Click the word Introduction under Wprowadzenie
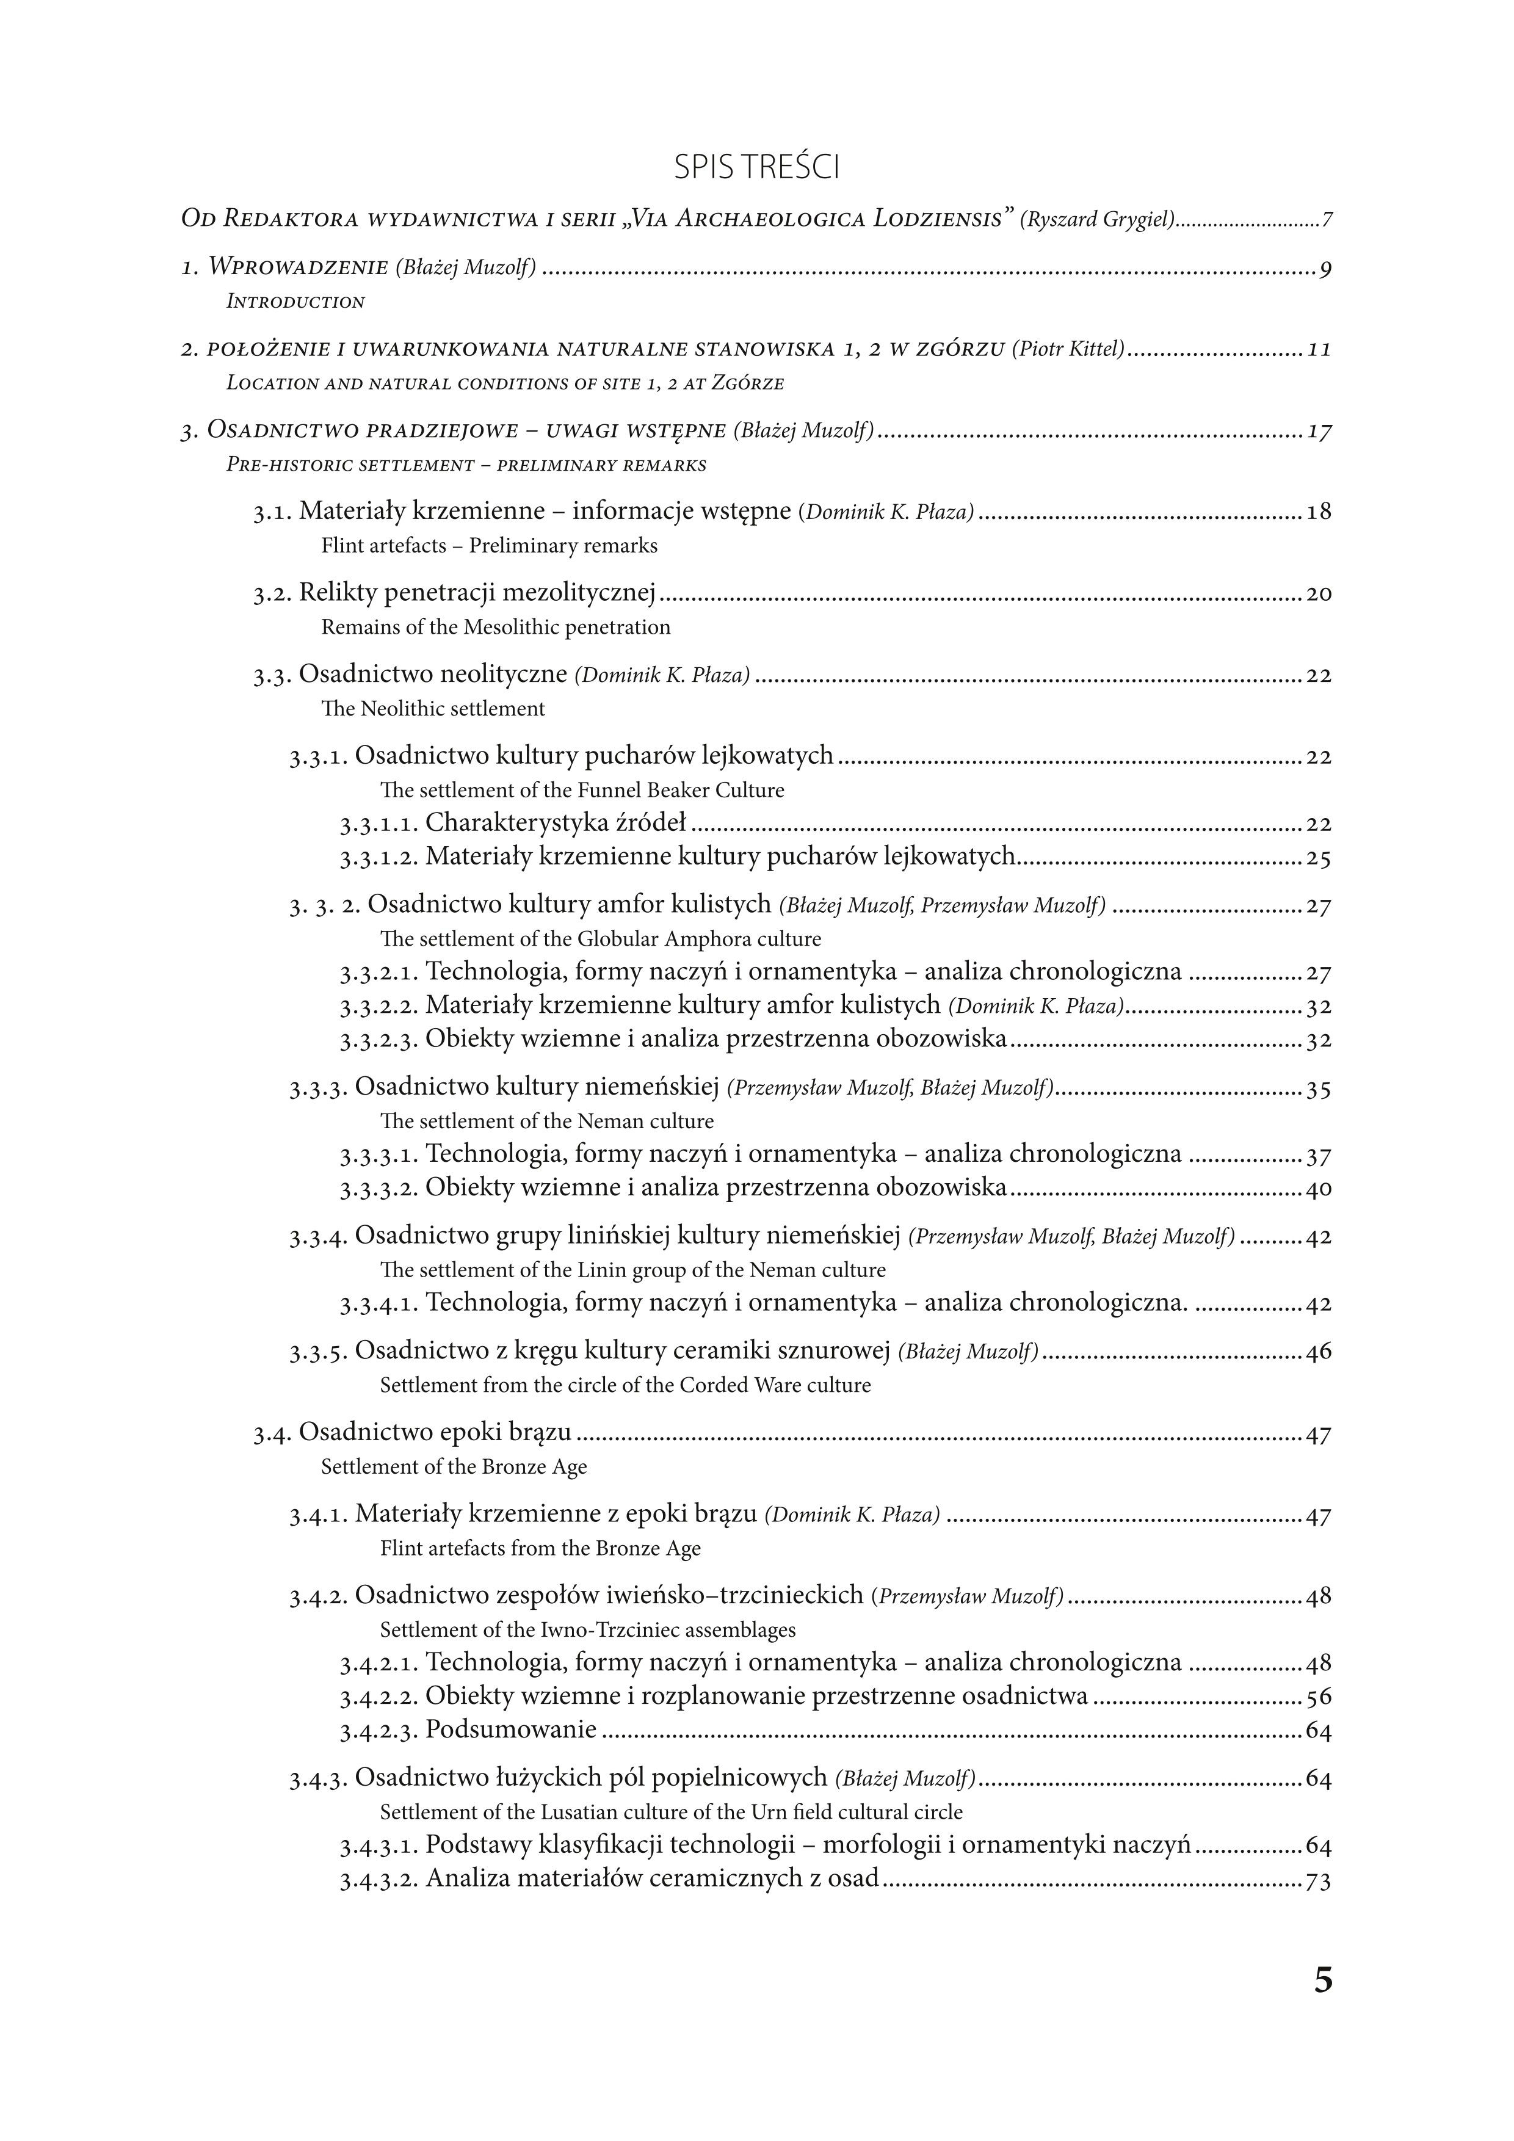(x=295, y=302)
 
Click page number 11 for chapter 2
(x=1318, y=350)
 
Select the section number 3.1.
(x=273, y=513)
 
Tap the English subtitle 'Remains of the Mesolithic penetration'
(x=496, y=628)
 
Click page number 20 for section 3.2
(x=1318, y=594)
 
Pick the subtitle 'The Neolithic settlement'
(x=433, y=709)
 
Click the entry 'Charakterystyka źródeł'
(x=556, y=824)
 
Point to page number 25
(x=1318, y=858)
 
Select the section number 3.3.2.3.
(x=380, y=1040)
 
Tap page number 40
(x=1318, y=1189)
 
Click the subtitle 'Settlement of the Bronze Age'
(x=454, y=1467)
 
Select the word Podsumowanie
(x=511, y=1730)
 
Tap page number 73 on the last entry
(x=1318, y=1880)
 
